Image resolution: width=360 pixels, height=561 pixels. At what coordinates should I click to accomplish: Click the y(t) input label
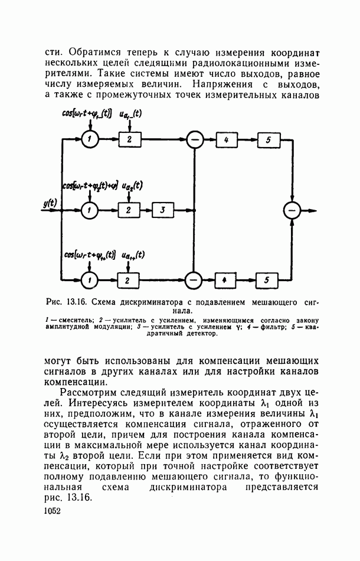click(50, 203)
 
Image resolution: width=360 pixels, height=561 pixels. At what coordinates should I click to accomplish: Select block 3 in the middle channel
click(163, 210)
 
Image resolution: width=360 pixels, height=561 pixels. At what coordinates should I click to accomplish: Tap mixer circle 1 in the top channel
click(90, 139)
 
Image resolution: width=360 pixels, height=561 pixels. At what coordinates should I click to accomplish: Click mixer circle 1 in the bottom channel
click(89, 280)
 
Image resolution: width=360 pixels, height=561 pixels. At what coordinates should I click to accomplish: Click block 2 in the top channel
click(130, 139)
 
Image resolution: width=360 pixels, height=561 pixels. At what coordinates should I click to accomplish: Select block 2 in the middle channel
click(129, 210)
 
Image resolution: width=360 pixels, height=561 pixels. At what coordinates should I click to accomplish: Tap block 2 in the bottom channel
click(128, 280)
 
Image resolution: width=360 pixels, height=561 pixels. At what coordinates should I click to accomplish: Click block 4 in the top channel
click(226, 139)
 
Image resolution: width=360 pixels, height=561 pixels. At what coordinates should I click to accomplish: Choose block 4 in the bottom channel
click(225, 280)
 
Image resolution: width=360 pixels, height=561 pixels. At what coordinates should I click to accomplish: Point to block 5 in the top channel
click(269, 140)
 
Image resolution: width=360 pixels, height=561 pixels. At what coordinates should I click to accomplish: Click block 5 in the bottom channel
click(267, 280)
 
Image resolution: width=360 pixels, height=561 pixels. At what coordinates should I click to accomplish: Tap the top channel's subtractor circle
click(195, 139)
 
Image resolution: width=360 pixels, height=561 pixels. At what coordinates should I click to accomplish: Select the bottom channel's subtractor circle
click(194, 280)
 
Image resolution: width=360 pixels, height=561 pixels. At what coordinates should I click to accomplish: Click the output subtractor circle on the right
click(292, 210)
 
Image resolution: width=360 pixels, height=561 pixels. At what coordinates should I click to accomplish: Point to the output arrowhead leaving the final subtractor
click(313, 210)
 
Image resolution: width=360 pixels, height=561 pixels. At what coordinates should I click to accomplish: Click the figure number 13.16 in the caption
click(76, 302)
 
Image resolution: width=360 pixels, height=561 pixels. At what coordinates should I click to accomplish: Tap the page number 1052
click(52, 511)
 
